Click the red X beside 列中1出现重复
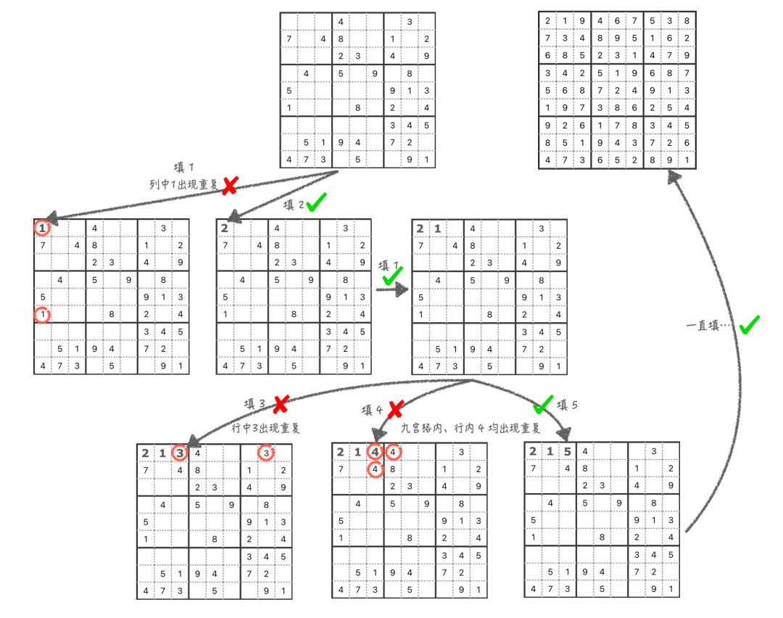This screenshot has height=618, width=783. coord(229,186)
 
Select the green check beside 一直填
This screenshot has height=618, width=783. coord(749,325)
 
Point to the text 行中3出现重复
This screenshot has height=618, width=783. coord(265,428)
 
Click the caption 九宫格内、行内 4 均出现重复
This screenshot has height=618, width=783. coord(471,428)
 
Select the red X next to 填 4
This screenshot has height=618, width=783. coord(394,411)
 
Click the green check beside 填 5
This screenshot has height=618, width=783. coord(542,404)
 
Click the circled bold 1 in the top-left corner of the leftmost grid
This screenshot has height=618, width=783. coord(43,228)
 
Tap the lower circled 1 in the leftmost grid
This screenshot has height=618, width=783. coord(43,315)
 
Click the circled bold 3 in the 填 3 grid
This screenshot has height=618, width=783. coord(180,453)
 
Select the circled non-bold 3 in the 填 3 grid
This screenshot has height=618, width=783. coord(266,453)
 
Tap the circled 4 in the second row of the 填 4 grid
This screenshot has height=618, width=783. coord(375,469)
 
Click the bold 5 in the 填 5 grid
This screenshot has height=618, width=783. coord(568,451)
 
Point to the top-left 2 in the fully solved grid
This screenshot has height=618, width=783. coord(548,22)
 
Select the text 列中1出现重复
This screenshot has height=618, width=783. coord(183,184)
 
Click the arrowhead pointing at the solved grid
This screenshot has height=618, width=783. coord(675,176)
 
